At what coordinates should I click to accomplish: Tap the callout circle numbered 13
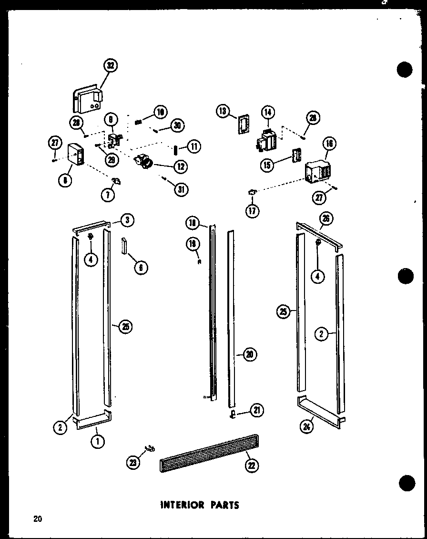pos(222,111)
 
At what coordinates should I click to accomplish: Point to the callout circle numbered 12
pos(181,166)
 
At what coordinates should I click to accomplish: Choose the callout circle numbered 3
pos(127,220)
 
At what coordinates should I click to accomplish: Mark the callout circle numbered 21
pos(257,410)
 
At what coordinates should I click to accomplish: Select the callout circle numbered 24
pos(306,427)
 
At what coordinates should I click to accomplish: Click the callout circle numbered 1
pos(97,442)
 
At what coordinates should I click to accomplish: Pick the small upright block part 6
pos(125,246)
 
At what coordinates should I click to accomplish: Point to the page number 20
pos(38,519)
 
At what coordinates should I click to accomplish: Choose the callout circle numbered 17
pos(253,210)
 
